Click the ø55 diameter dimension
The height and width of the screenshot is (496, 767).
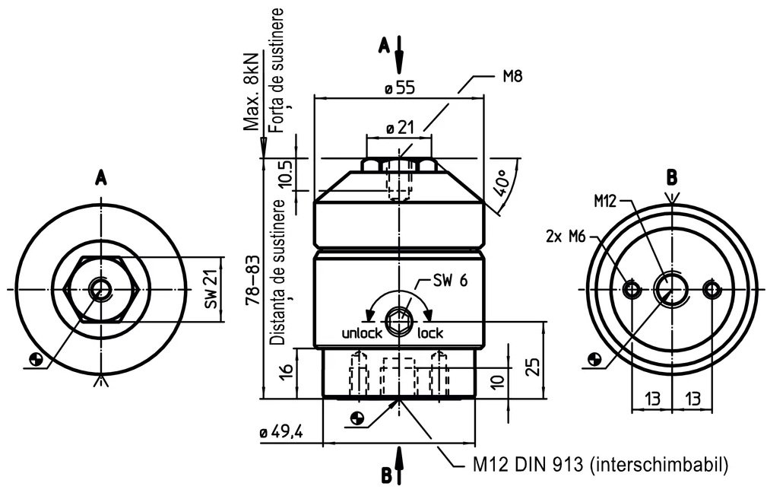(x=400, y=87)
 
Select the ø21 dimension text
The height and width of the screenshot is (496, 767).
(x=400, y=129)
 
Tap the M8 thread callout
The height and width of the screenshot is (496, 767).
(x=512, y=76)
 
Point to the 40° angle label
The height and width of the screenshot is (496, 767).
(x=504, y=183)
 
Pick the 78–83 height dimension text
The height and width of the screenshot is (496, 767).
(x=253, y=280)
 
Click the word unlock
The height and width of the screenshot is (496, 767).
(x=362, y=333)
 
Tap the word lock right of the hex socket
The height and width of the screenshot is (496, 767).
(x=430, y=333)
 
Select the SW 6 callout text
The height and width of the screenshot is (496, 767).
(x=450, y=280)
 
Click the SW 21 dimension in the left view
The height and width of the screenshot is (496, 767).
(x=211, y=290)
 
